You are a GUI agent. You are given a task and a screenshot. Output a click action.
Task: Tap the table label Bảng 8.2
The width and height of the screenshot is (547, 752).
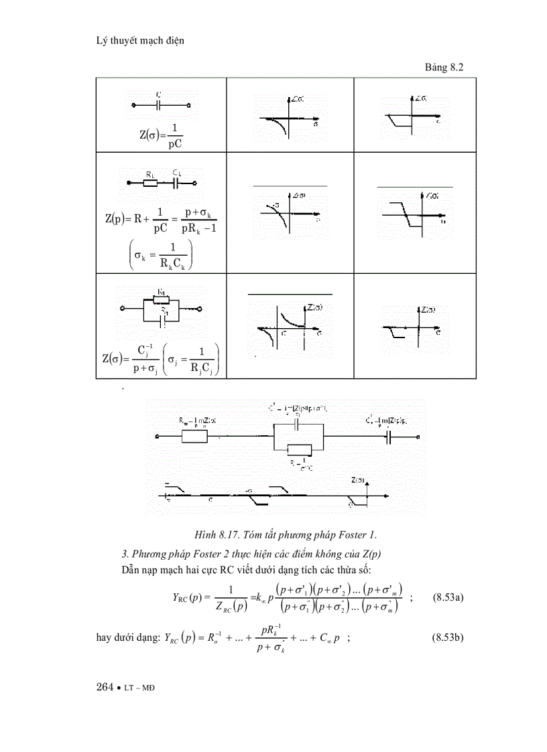pos(444,68)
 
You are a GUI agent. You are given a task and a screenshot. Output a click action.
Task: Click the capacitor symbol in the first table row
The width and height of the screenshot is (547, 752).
pos(159,105)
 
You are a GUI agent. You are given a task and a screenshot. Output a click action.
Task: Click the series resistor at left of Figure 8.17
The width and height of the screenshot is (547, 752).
pos(194,437)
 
